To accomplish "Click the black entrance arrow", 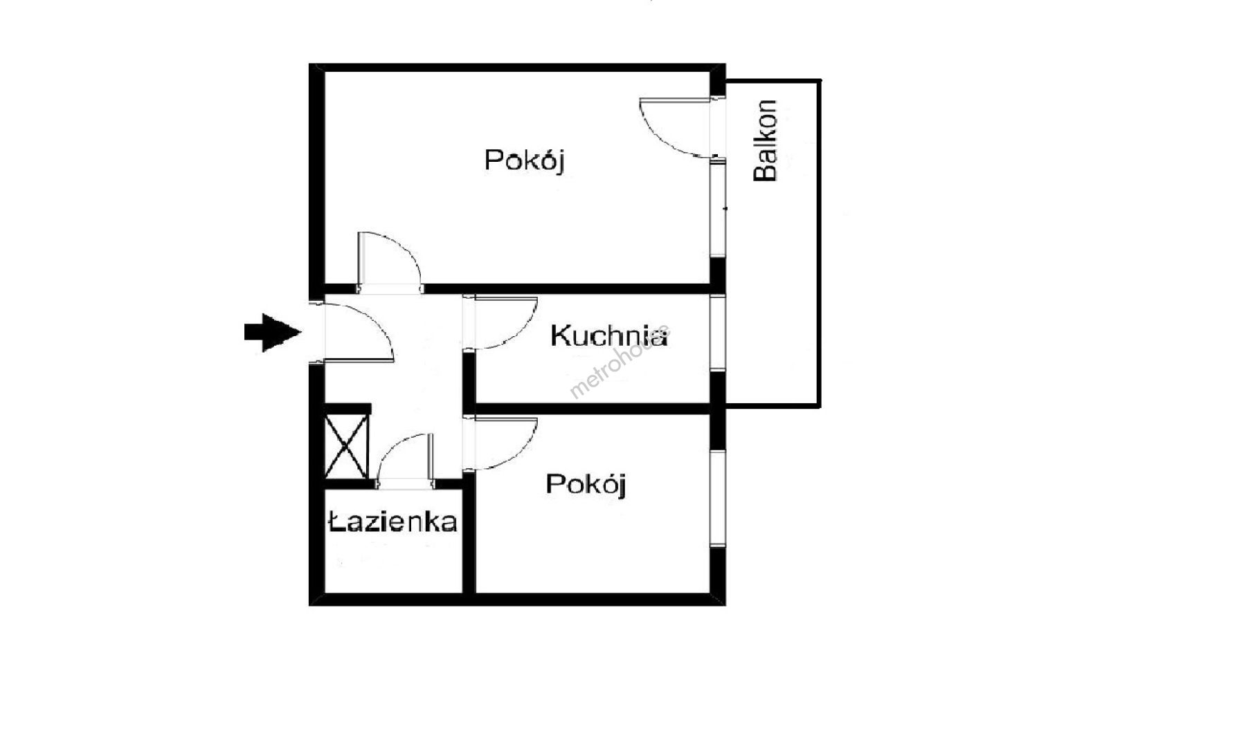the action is tap(273, 333).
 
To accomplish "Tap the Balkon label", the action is tap(766, 140).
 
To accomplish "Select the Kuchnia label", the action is tap(610, 336).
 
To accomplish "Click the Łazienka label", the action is tap(392, 522).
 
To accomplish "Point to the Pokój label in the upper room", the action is tap(525, 160).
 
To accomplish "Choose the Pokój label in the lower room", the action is tap(586, 484).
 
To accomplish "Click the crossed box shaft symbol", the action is tap(347, 444).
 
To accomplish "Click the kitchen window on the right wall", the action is tap(718, 333).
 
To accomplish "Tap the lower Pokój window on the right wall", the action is tap(718, 499).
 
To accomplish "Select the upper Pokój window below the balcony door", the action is tap(718, 210).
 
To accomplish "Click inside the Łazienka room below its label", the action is tap(392, 564).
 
